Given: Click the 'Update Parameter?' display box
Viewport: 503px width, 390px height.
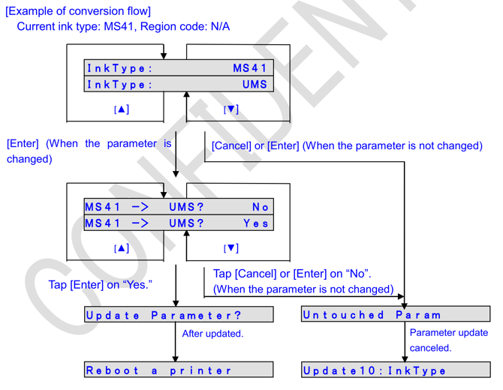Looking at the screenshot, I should pyautogui.click(x=179, y=315).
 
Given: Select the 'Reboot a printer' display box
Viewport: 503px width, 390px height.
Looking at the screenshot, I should pyautogui.click(x=179, y=370).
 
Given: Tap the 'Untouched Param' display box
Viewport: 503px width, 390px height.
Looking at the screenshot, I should pyautogui.click(x=395, y=315).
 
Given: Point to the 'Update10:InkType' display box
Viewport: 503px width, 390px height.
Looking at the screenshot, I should pyautogui.click(x=395, y=370).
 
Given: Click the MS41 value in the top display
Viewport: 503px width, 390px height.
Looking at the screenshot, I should pyautogui.click(x=250, y=68).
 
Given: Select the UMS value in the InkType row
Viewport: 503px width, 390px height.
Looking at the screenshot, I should pyautogui.click(x=255, y=84).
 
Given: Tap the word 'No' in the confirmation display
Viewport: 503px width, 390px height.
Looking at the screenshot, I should pyautogui.click(x=260, y=207).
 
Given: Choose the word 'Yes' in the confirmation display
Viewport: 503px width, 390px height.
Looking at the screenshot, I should pyautogui.click(x=256, y=223).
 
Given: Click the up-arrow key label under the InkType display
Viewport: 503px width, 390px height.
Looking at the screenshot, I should pyautogui.click(x=121, y=109).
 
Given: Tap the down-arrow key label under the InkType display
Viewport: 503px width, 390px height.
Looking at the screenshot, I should pyautogui.click(x=230, y=109).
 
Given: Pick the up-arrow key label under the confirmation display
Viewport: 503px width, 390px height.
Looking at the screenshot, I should pyautogui.click(x=121, y=248).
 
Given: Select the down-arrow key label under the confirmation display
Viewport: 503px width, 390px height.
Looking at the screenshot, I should pyautogui.click(x=230, y=248).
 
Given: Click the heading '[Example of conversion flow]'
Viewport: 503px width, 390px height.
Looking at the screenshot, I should pyautogui.click(x=78, y=10).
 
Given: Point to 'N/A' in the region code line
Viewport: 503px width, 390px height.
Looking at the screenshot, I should pyautogui.click(x=220, y=26).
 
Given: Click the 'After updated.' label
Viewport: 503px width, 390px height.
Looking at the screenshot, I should pyautogui.click(x=212, y=333).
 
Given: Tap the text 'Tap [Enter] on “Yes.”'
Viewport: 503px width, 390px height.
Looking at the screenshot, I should pyautogui.click(x=101, y=284).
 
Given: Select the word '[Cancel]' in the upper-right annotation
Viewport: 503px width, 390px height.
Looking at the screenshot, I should pyautogui.click(x=231, y=145).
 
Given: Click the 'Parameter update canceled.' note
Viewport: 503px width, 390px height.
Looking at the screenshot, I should pyautogui.click(x=448, y=340).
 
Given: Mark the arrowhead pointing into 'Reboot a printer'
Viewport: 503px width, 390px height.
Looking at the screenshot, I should pyautogui.click(x=176, y=358).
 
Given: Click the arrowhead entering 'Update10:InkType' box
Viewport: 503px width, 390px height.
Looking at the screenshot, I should pyautogui.click(x=405, y=358).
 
